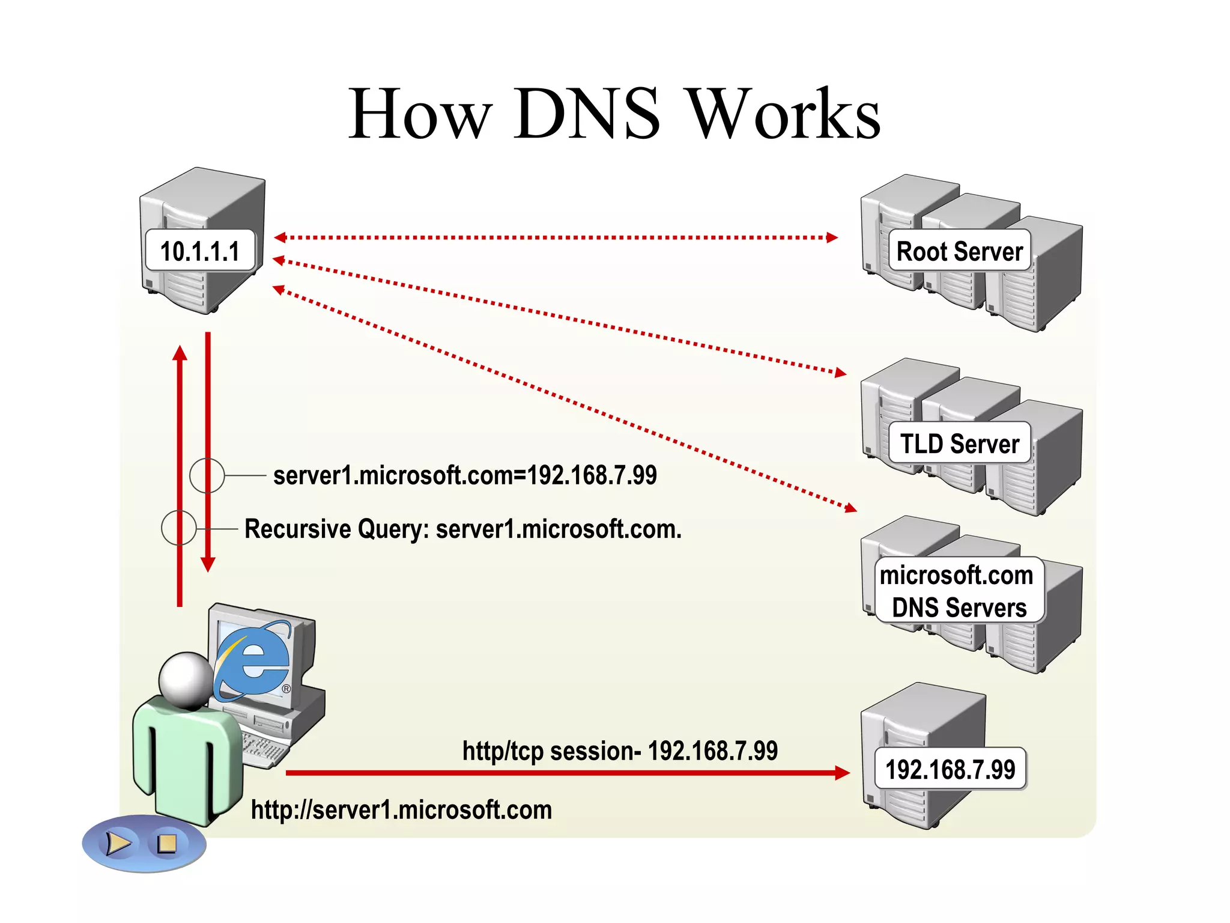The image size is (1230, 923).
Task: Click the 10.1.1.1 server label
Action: (x=200, y=251)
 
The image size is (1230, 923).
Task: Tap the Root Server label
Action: (x=959, y=251)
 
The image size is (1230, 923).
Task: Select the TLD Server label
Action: (x=959, y=443)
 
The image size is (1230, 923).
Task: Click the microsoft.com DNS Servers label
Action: (x=959, y=591)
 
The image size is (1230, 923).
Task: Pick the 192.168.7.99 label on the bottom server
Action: (x=950, y=769)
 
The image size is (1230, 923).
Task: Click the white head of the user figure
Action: (x=185, y=680)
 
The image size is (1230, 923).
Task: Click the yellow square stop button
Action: (x=166, y=844)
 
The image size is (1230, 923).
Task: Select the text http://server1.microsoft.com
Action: (x=401, y=810)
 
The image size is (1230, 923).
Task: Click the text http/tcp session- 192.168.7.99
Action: (x=620, y=751)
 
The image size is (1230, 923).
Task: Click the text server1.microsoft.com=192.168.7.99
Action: (x=465, y=475)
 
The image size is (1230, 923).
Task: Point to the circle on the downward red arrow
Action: (x=207, y=475)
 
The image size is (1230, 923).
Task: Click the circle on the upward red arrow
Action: (x=179, y=528)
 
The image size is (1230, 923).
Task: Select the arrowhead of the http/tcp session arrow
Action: (x=843, y=773)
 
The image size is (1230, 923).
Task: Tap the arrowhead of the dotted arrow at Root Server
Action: (x=832, y=237)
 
